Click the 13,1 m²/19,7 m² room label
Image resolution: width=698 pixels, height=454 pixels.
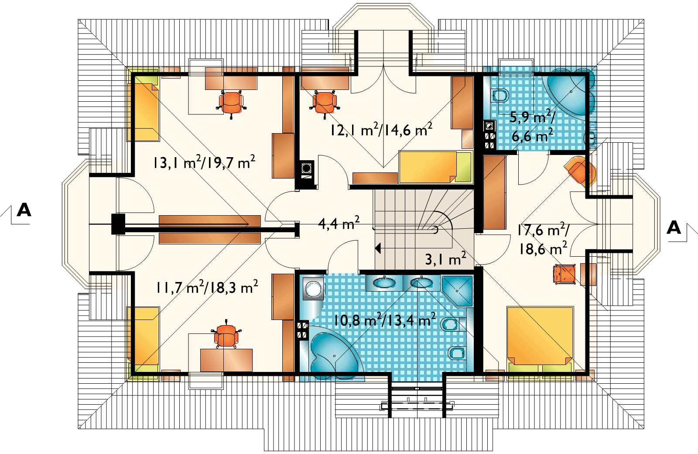coord(204,162)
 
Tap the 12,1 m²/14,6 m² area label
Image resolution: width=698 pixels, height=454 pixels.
coord(381,129)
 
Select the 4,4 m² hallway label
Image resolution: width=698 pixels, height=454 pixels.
coord(339,223)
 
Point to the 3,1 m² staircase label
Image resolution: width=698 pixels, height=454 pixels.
coord(445,258)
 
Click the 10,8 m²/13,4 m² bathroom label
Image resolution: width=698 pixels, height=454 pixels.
coord(384,319)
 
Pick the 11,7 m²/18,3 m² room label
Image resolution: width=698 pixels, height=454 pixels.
coord(207,287)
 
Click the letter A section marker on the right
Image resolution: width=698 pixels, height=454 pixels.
coord(674,227)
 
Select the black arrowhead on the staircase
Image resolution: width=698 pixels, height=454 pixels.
coord(378,248)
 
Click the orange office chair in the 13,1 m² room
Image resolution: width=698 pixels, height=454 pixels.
coord(231,103)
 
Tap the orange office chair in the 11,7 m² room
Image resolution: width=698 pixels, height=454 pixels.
coord(226,334)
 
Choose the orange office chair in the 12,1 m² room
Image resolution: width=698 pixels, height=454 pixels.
coord(325,103)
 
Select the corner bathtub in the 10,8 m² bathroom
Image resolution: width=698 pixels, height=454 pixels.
coord(333,352)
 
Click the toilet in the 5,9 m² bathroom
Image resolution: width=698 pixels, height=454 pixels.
coord(500,96)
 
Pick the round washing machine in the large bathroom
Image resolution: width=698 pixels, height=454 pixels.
coord(313,288)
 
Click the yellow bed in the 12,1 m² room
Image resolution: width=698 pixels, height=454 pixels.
coord(436,167)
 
